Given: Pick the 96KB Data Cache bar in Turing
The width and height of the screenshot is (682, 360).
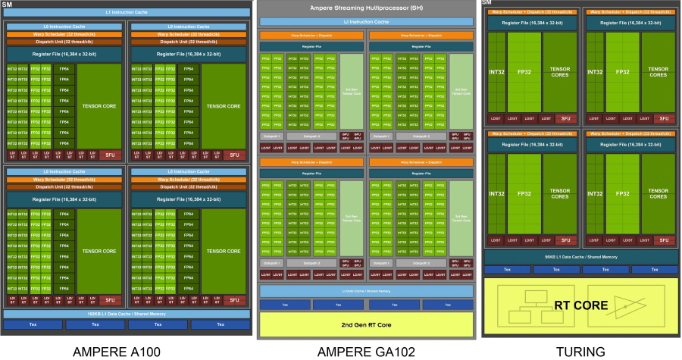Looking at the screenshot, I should (580, 257).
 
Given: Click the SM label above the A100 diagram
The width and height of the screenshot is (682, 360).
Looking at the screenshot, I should (7, 5).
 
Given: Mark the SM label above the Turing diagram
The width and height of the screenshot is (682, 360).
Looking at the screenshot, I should (489, 3).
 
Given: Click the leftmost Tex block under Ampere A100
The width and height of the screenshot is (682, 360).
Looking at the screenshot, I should (33, 324).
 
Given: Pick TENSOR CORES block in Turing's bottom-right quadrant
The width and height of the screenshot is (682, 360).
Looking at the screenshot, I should (659, 193).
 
